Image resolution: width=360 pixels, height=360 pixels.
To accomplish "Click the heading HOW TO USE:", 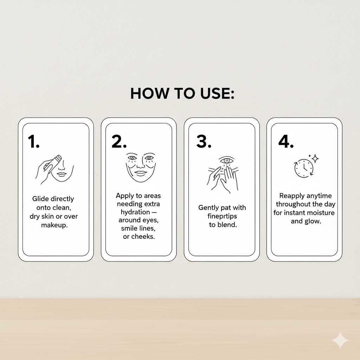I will click(182, 94).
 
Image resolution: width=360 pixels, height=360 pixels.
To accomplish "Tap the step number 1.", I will click(33, 142).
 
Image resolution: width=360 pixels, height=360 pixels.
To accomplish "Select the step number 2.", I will click(119, 142).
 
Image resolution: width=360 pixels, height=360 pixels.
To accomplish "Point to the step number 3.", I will click(204, 142).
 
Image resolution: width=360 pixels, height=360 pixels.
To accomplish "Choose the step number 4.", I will click(286, 142).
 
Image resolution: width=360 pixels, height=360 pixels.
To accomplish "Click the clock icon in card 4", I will click(303, 168).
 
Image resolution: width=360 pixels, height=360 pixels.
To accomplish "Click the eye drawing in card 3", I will click(226, 161).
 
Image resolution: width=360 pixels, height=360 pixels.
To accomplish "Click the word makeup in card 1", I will click(54, 225).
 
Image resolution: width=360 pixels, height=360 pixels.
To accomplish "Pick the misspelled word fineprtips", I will click(223, 216).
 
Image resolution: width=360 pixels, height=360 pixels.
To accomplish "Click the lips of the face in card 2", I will click(141, 173).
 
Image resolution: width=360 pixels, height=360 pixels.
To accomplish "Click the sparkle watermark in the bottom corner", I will click(340, 340).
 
